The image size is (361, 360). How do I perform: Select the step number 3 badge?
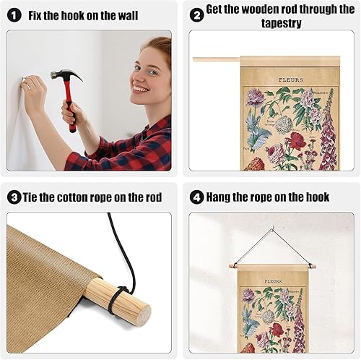click(14, 197)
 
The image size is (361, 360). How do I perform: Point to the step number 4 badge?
click(196, 197)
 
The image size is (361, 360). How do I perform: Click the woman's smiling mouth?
click(141, 90)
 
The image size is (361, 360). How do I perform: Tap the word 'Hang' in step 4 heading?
click(222, 197)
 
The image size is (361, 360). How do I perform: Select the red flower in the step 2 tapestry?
click(295, 141)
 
